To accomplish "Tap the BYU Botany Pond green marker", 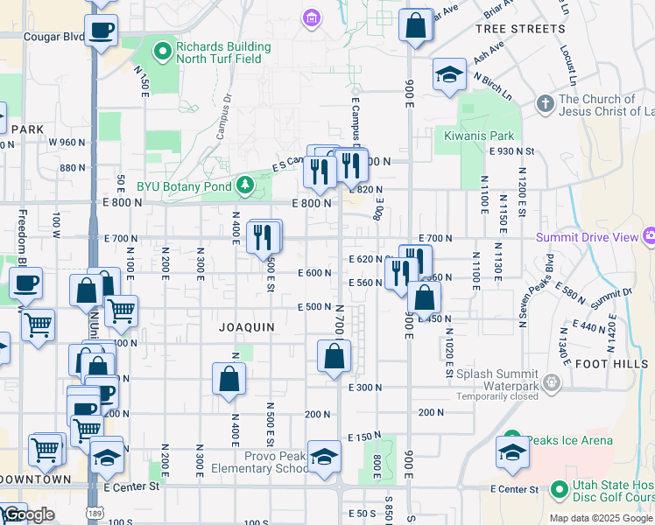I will tap(246, 185).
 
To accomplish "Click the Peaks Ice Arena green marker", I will tap(511, 441).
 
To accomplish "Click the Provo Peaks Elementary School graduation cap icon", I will tap(324, 457).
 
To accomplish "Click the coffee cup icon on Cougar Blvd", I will tap(102, 31).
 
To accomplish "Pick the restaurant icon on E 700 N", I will tap(264, 235).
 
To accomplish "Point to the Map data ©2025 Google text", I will tap(601, 518).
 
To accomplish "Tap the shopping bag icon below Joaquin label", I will tap(229, 379).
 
